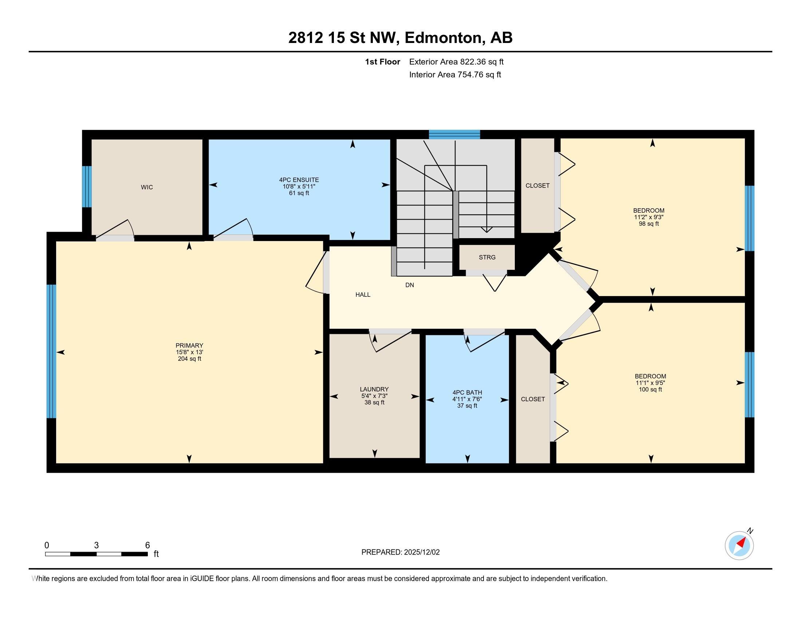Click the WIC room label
147,188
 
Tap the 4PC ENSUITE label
299,180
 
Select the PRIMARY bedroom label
189,346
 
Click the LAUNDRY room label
374,390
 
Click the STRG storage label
487,257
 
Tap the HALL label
363,295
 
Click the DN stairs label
410,285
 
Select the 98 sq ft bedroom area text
649,224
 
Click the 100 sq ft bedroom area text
650,390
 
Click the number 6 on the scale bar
147,545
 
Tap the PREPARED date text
400,552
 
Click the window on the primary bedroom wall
51,351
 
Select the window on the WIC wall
87,187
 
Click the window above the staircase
454,135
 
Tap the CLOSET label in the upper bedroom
537,186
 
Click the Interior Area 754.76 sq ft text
455,75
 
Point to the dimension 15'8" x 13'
189,352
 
